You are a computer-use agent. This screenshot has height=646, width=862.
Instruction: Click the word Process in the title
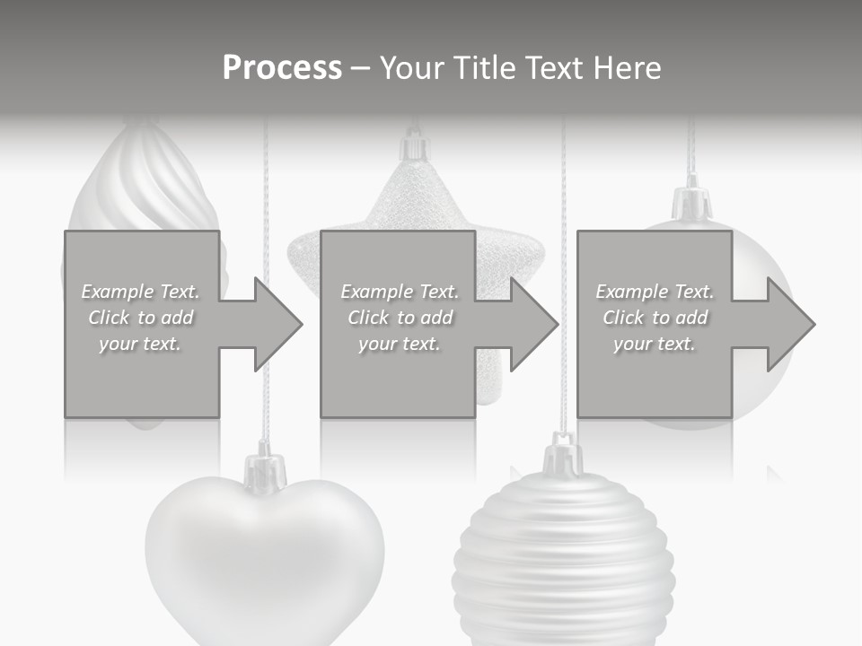pos(282,67)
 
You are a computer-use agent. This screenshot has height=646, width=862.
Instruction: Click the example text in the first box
pos(141,318)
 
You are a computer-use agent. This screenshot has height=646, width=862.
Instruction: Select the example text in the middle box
pos(400,318)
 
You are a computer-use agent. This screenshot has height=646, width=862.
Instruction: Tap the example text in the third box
pos(655,318)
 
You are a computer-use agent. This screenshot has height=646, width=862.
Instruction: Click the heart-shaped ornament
pos(264,556)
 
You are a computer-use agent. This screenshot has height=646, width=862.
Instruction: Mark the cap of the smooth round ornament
pos(691,203)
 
